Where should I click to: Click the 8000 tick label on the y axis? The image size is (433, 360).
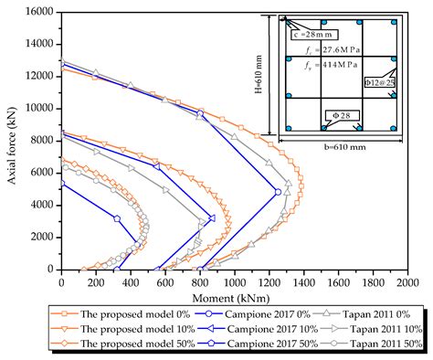pyautogui.click(x=41, y=140)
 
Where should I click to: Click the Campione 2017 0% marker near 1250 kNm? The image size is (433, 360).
pyautogui.click(x=278, y=192)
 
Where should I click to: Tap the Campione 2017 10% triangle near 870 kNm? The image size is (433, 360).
pyautogui.click(x=212, y=217)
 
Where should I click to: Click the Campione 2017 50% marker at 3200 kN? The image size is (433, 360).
pyautogui.click(x=117, y=218)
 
